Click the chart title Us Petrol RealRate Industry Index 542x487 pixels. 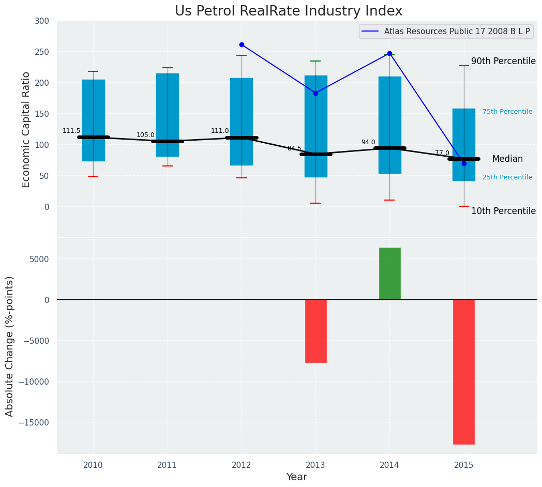[x=288, y=11]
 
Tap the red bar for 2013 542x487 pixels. [x=315, y=331]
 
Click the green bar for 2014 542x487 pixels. [x=389, y=273]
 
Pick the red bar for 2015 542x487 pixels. [x=463, y=372]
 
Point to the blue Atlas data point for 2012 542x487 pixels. [x=242, y=45]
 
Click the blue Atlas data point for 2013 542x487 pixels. [x=315, y=93]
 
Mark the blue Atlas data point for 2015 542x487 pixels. [x=464, y=163]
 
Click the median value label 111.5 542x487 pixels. [x=71, y=131]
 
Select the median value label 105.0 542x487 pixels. [x=145, y=135]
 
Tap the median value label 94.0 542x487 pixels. [x=368, y=142]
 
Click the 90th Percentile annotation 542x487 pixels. [x=503, y=61]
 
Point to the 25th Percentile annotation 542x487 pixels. [x=507, y=177]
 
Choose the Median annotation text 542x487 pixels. [x=507, y=159]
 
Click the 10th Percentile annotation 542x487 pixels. [x=503, y=211]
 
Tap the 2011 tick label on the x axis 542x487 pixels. [x=167, y=465]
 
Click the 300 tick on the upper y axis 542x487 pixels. [x=42, y=21]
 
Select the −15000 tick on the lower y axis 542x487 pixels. [x=34, y=422]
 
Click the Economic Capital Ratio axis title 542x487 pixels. [x=26, y=129]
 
